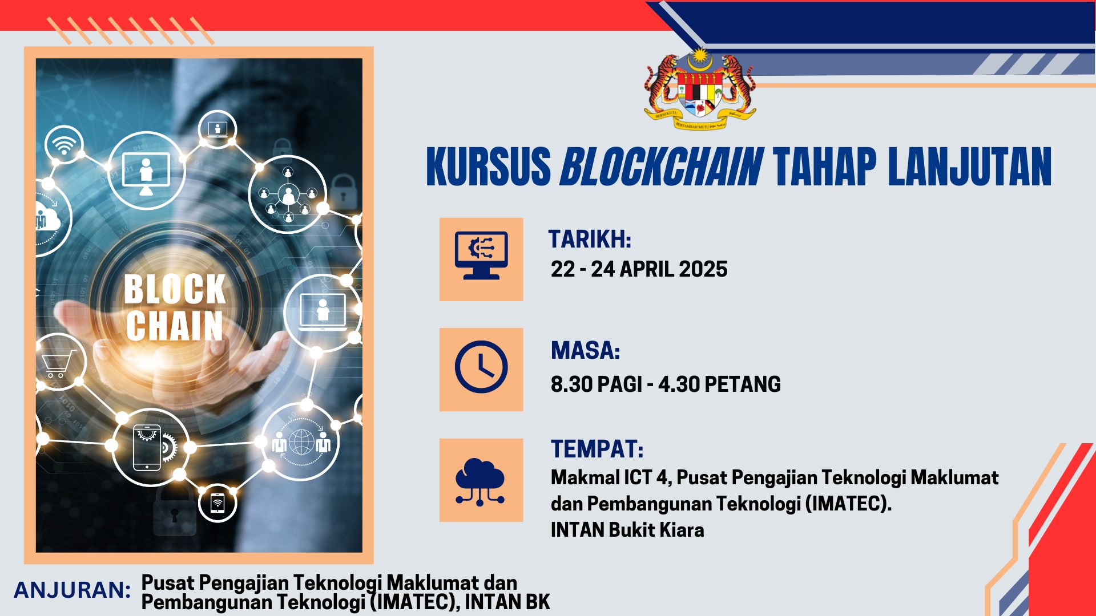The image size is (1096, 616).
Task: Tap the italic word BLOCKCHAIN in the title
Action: click(661, 167)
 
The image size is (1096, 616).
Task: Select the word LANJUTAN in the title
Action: click(970, 167)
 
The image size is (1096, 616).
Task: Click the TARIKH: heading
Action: click(590, 239)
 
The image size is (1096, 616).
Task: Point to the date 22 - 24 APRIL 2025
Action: click(639, 269)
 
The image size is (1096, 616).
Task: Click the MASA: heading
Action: click(585, 350)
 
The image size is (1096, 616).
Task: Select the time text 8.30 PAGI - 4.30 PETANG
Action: click(666, 384)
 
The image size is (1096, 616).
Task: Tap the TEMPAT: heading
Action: click(597, 449)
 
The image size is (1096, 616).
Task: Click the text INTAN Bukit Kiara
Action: click(627, 530)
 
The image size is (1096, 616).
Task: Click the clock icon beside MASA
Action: click(481, 367)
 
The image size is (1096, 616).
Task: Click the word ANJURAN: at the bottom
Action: click(72, 590)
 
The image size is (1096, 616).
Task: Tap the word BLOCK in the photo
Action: click(175, 289)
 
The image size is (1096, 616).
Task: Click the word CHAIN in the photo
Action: click(175, 326)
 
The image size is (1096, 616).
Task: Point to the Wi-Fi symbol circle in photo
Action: click(64, 145)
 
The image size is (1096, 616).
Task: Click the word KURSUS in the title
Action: click(489, 167)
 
